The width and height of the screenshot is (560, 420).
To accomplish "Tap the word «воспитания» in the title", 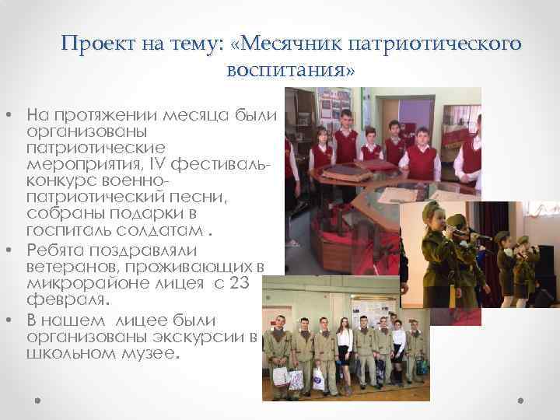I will [x=286, y=70].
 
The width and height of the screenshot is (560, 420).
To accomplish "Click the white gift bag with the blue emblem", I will [x=317, y=380].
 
